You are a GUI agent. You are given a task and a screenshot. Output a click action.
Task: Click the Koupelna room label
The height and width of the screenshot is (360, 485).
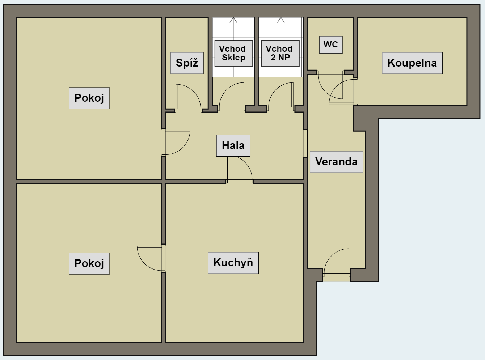[x=412, y=63]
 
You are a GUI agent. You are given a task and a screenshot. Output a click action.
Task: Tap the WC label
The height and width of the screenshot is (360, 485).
[x=331, y=45]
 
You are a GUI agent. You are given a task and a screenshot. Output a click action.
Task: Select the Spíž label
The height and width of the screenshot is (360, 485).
[x=187, y=63]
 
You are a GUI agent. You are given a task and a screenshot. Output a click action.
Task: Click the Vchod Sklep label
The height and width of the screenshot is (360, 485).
[x=233, y=53]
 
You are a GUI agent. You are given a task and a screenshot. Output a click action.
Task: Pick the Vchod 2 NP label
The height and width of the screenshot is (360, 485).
[x=281, y=53]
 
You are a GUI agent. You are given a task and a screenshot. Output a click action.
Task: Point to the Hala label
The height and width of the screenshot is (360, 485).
[x=233, y=145]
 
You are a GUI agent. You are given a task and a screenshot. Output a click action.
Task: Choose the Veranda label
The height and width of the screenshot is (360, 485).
[x=337, y=162]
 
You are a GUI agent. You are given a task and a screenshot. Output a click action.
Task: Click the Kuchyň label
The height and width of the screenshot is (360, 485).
[x=233, y=263]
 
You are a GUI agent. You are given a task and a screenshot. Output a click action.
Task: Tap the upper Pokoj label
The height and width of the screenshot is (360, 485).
[x=89, y=98]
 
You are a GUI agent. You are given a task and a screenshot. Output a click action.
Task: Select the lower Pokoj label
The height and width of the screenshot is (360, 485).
[x=89, y=263]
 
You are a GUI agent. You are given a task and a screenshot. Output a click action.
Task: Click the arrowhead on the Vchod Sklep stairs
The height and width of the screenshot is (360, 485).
[x=233, y=20]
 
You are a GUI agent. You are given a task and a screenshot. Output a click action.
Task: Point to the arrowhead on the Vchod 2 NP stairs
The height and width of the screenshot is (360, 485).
[x=281, y=20]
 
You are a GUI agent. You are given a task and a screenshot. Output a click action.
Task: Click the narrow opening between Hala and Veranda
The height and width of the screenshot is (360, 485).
[x=305, y=143]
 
